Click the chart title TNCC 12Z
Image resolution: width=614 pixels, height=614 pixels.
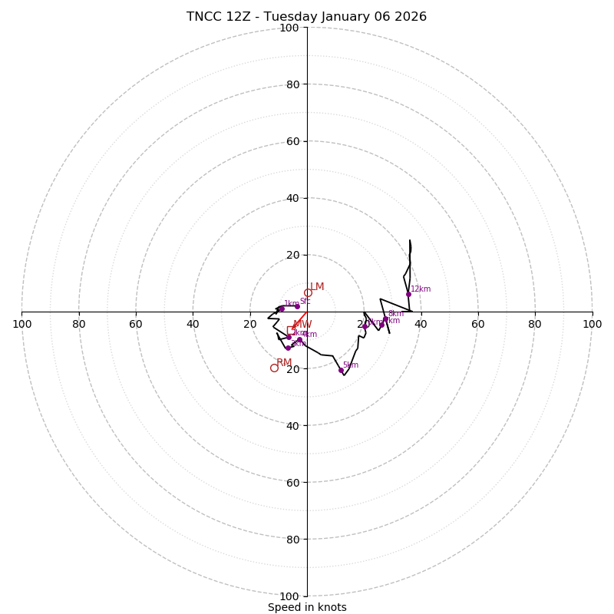click(306, 17)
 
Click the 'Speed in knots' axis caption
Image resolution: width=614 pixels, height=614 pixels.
click(307, 607)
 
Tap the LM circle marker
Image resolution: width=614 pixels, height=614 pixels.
click(308, 292)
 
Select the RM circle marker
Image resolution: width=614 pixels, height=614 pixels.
click(274, 368)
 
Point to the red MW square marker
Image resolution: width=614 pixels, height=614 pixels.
click(291, 330)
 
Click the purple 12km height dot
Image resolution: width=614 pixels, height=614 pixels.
click(408, 294)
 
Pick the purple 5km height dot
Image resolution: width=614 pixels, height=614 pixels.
click(341, 370)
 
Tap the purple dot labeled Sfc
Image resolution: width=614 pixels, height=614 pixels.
click(297, 306)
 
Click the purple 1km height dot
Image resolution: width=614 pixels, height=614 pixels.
click(282, 309)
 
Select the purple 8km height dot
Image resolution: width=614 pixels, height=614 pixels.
click(385, 319)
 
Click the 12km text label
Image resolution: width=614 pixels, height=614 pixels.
click(421, 289)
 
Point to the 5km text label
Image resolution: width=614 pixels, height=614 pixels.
click(351, 365)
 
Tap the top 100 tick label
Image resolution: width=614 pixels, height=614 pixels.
click(289, 28)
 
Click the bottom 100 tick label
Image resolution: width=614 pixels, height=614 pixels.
click(289, 596)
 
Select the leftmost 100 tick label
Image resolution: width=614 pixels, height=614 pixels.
click(21, 324)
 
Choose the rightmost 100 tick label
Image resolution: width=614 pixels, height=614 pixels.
click(592, 324)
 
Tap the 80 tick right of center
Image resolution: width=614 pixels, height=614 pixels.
click(535, 324)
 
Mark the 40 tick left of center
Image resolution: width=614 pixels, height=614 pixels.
click(193, 324)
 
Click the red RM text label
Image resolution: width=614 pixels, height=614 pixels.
click(284, 363)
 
